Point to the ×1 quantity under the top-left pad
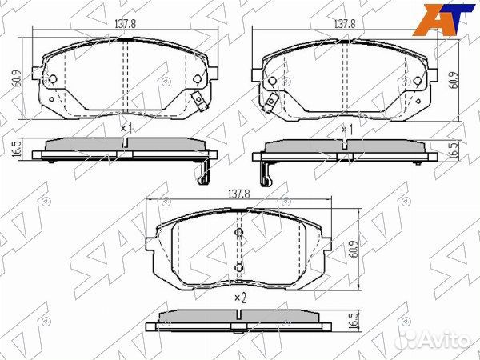(125, 128)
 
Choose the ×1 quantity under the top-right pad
(346, 128)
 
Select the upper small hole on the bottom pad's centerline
(238, 233)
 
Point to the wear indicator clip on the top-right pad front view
(272, 102)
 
